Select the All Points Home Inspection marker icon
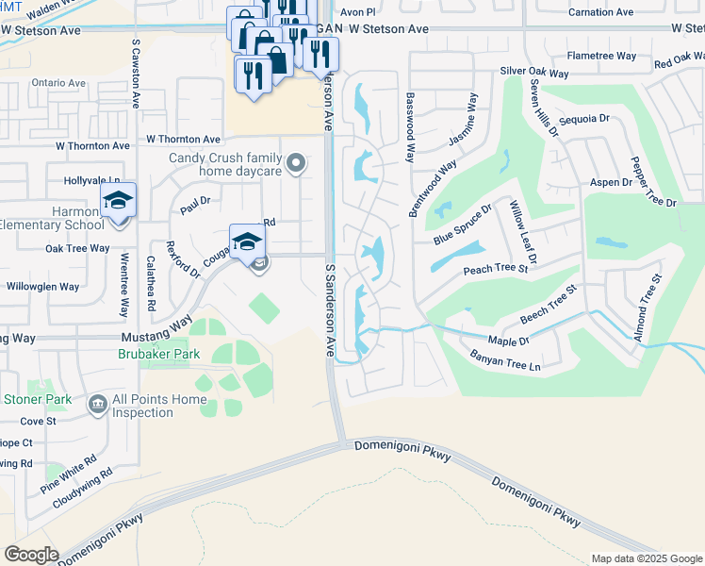tap(97, 406)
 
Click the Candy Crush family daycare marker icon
tap(297, 165)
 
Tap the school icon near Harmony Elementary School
tap(119, 201)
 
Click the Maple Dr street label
tap(509, 340)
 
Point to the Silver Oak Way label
tap(534, 73)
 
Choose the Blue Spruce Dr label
tap(463, 225)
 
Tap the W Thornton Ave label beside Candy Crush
tap(184, 140)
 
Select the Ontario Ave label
tap(58, 83)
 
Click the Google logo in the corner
tap(31, 555)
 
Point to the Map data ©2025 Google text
tap(648, 558)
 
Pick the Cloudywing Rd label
tap(83, 488)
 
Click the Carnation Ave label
tap(600, 12)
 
